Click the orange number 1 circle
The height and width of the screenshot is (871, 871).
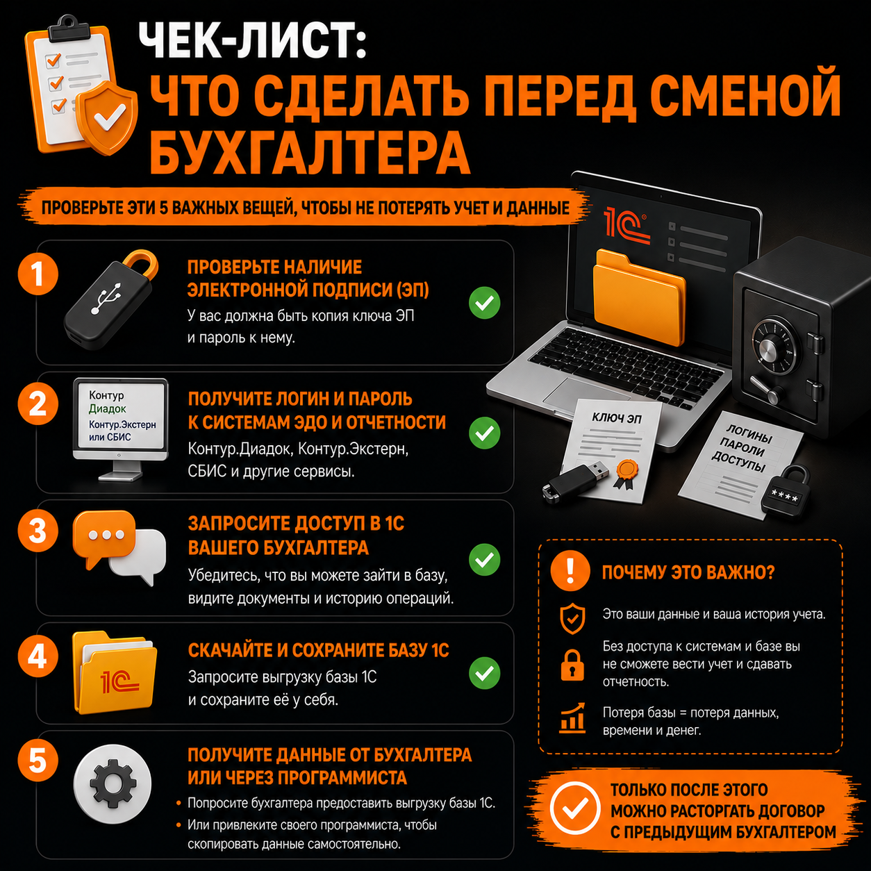coord(38,274)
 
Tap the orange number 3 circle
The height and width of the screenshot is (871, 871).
coord(38,531)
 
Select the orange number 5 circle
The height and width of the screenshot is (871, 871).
coord(38,761)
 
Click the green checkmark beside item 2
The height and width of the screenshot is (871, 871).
coord(485,433)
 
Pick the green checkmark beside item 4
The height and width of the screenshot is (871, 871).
coord(485,673)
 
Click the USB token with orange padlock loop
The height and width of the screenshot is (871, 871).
coord(110,299)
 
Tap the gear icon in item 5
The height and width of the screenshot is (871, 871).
coord(113,783)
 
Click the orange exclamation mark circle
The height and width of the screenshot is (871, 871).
coord(570,571)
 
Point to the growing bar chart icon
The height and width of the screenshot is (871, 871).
coord(572,718)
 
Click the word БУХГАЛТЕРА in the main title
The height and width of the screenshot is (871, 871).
coord(310,154)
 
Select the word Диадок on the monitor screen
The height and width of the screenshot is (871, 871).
coord(108,409)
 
